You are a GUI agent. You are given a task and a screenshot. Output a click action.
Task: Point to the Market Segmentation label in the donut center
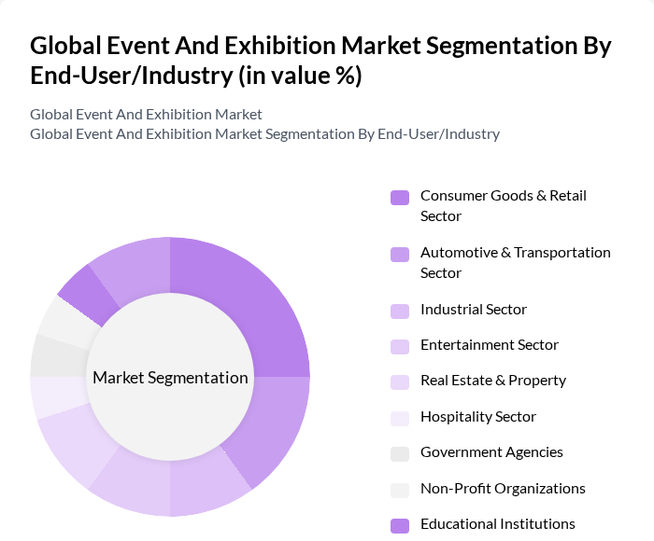170,378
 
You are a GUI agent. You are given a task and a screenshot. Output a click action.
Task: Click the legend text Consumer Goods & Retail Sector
503,205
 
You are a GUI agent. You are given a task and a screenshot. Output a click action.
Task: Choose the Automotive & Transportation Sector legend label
515,262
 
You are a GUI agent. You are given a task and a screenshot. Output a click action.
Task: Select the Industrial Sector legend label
473,310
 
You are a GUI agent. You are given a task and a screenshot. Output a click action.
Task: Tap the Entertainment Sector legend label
489,345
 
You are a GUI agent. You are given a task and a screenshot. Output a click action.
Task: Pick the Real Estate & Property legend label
492,381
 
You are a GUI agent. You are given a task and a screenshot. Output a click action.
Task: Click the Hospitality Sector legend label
477,417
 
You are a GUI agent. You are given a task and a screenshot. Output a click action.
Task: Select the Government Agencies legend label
491,452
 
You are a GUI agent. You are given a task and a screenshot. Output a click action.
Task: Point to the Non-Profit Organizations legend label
503,489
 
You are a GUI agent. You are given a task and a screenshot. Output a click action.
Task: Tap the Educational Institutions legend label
497,524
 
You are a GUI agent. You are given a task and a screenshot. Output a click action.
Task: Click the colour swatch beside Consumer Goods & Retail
400,197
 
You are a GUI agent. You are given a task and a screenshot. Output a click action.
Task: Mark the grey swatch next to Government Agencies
400,453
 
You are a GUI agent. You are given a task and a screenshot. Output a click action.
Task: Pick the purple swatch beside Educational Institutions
400,525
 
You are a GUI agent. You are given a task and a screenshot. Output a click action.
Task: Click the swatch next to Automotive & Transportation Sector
400,254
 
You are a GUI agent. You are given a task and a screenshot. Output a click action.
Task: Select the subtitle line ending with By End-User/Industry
264,133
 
